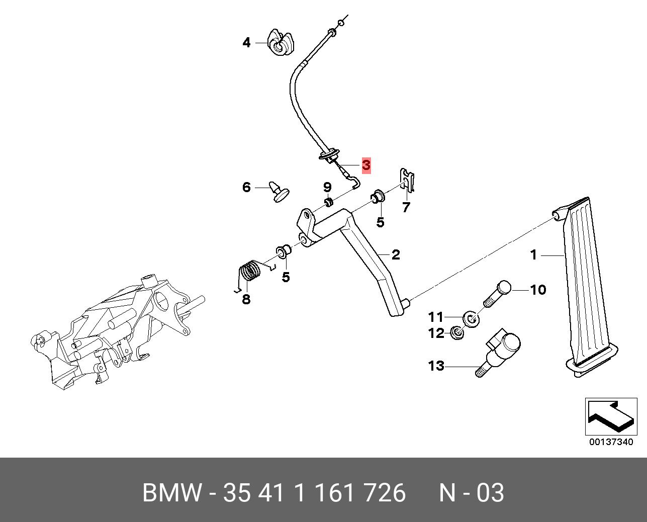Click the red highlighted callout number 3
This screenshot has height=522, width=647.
tap(366, 165)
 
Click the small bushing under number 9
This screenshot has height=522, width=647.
tap(328, 202)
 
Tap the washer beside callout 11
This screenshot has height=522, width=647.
tap(471, 318)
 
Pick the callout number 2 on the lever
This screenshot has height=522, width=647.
tap(396, 254)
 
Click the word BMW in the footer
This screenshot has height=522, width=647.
tap(172, 493)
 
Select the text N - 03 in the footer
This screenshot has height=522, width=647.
tap(471, 493)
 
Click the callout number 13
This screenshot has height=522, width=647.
tap(436, 366)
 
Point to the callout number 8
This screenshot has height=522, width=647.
tap(246, 300)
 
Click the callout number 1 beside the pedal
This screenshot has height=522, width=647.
tap(534, 255)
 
